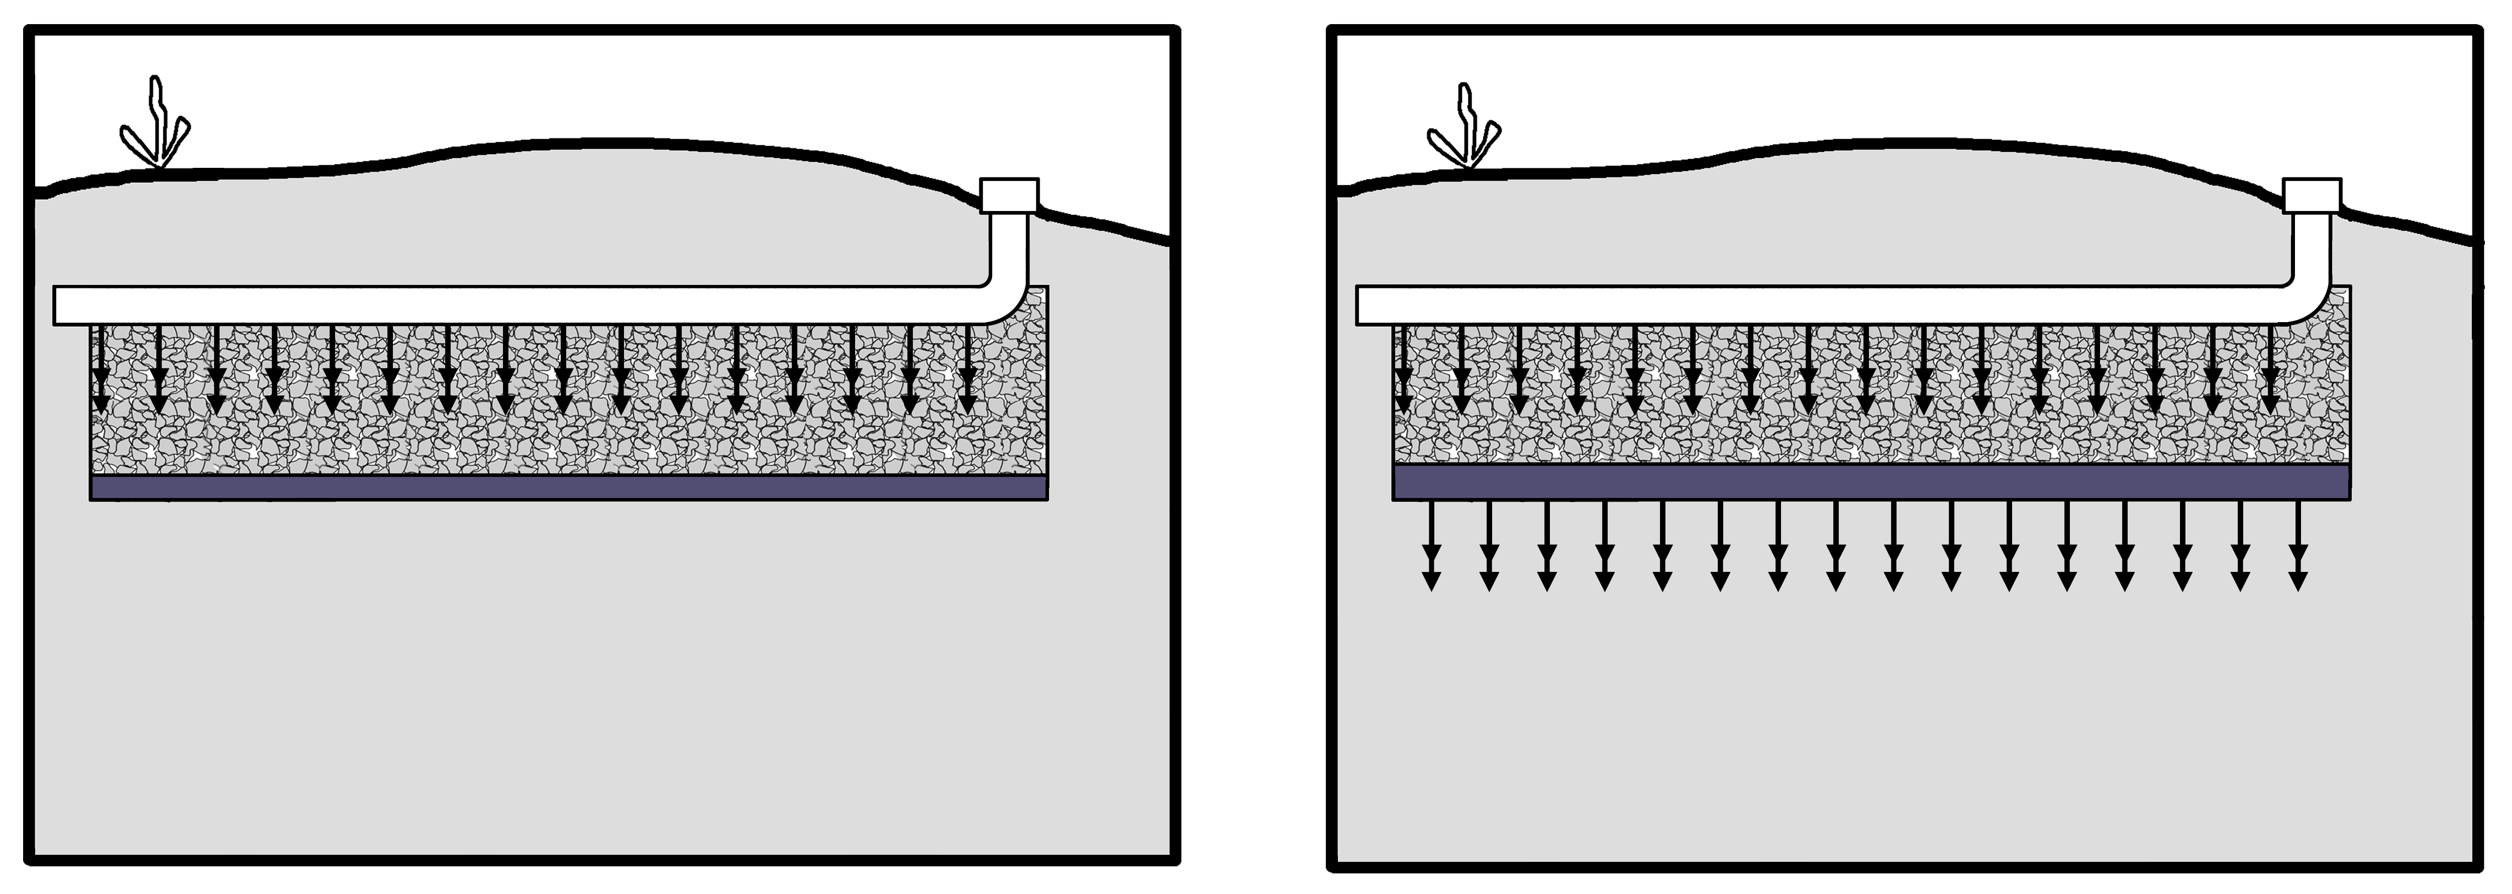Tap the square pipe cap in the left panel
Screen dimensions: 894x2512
(x=1009, y=195)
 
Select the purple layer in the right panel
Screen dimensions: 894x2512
(x=1870, y=481)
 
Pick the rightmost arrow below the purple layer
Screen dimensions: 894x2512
(x=2298, y=546)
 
